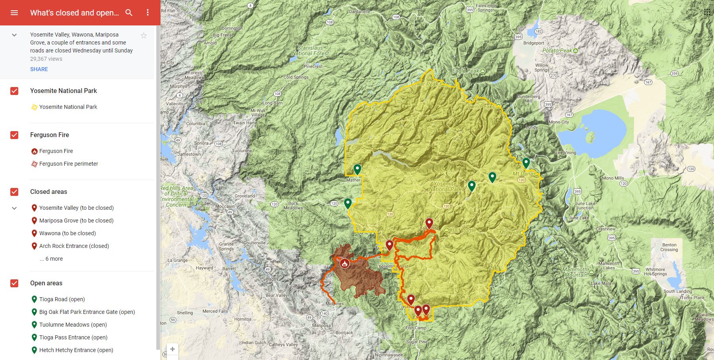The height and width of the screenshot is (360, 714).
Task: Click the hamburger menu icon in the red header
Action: (x=14, y=13)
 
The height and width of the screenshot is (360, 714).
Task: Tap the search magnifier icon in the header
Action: (x=129, y=13)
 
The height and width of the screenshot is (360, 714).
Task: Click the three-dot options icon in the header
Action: (x=148, y=13)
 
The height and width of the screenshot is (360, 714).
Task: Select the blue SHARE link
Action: (x=39, y=69)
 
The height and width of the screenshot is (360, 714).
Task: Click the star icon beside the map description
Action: (x=144, y=36)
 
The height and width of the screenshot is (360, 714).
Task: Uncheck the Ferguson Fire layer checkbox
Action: (x=14, y=135)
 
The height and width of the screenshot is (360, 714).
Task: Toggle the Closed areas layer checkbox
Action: (x=14, y=192)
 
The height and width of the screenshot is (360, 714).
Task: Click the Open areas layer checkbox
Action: (x=14, y=283)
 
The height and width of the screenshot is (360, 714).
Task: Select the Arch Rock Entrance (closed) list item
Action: (x=74, y=246)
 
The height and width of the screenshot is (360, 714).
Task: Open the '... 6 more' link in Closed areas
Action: (x=51, y=259)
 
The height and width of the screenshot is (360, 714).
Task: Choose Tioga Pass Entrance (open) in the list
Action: (x=73, y=337)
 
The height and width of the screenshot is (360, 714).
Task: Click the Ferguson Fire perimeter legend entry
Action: (x=68, y=164)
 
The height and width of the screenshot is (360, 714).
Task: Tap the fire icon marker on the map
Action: (x=344, y=263)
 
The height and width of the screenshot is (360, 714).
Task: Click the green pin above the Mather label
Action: (x=357, y=169)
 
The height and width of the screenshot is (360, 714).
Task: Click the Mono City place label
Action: (x=559, y=122)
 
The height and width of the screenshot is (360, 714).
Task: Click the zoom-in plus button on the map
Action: (x=172, y=349)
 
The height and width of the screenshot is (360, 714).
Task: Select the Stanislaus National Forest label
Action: (x=310, y=50)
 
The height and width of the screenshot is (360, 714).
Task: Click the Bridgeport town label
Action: (x=534, y=43)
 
